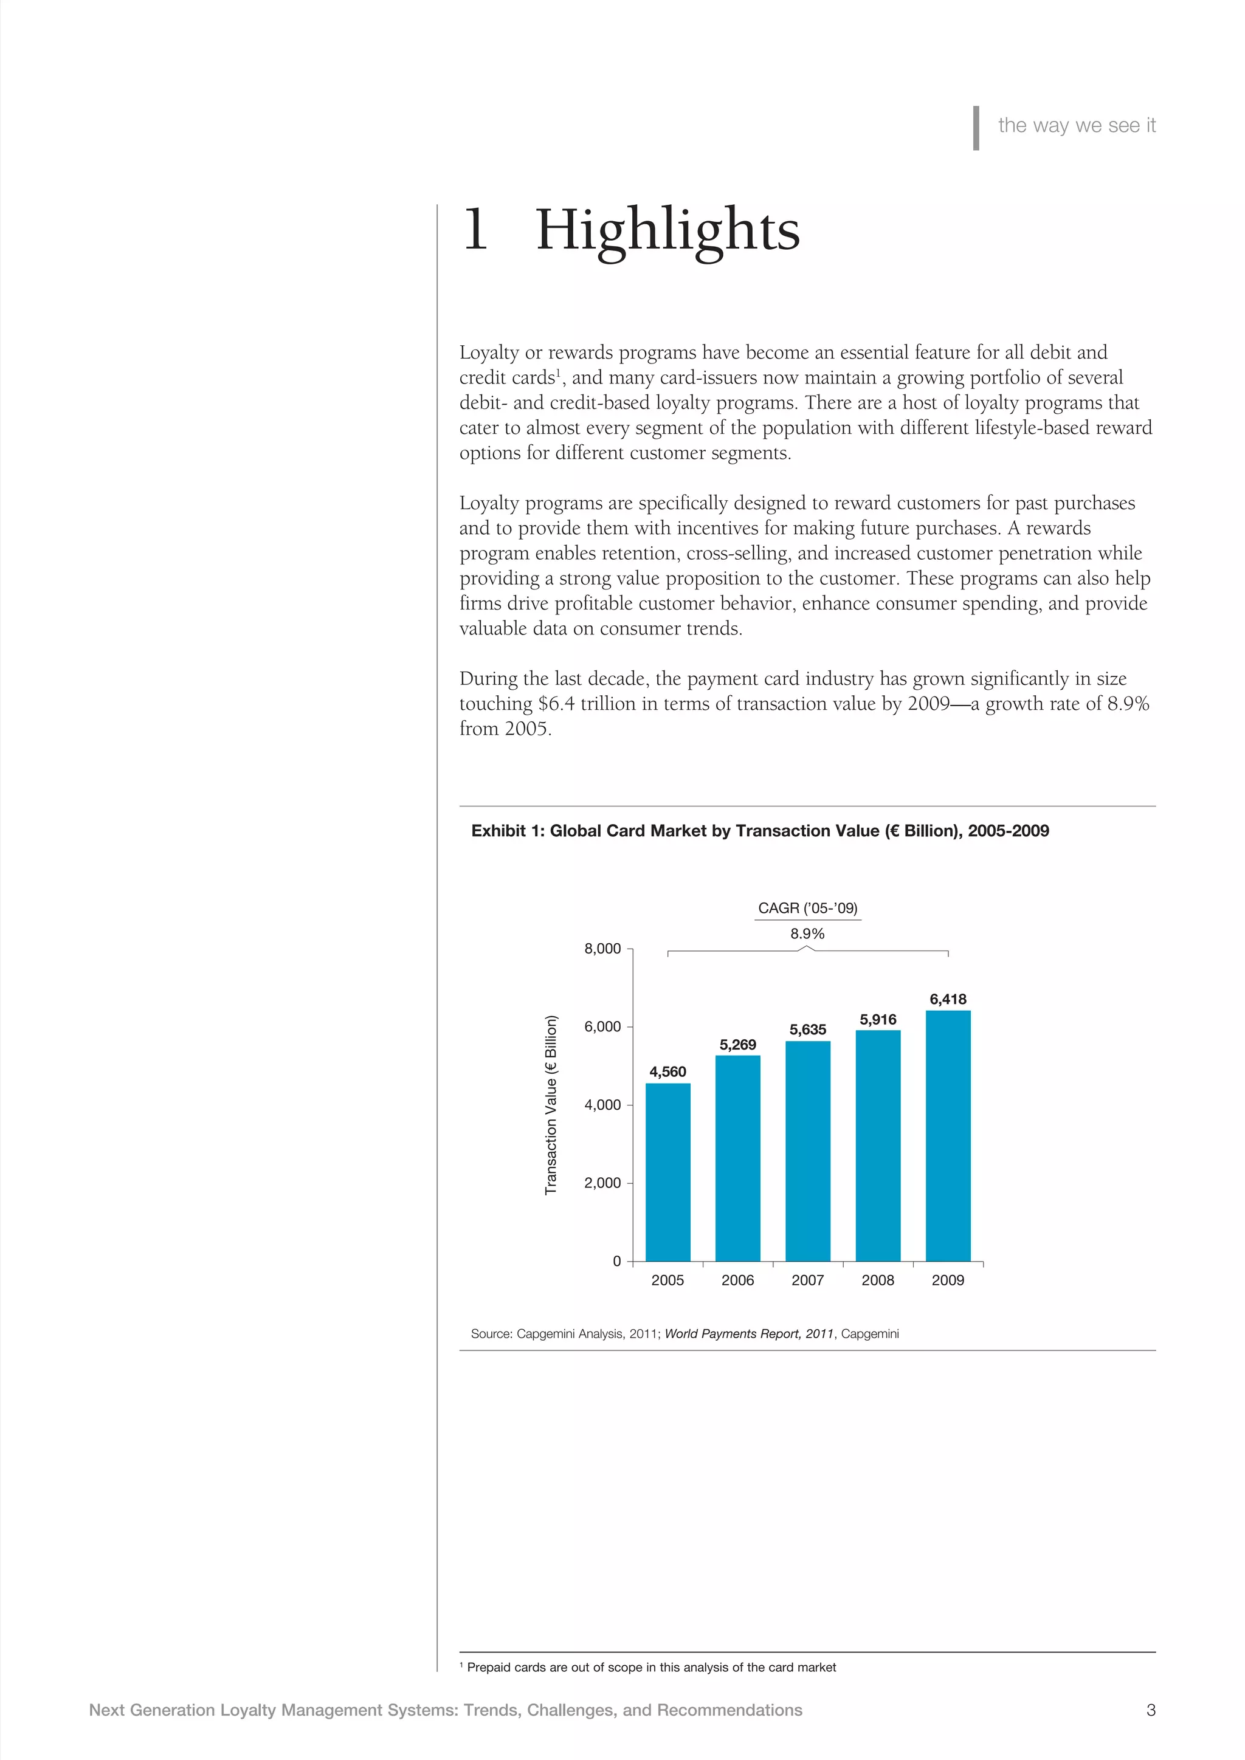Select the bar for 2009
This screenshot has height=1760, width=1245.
948,1135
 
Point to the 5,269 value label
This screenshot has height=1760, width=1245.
737,1045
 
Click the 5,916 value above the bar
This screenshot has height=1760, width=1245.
878,1020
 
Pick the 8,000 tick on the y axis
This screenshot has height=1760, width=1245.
602,949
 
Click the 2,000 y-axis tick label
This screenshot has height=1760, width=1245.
602,1183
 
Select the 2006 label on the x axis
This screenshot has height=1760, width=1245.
737,1280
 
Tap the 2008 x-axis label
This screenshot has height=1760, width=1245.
878,1280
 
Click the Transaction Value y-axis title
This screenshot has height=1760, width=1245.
550,1105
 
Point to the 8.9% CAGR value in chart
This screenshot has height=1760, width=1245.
807,933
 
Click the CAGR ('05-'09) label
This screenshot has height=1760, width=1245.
807,909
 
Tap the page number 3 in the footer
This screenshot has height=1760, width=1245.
1150,1710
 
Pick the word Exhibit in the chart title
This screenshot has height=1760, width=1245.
498,831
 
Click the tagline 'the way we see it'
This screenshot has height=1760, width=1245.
1077,126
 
